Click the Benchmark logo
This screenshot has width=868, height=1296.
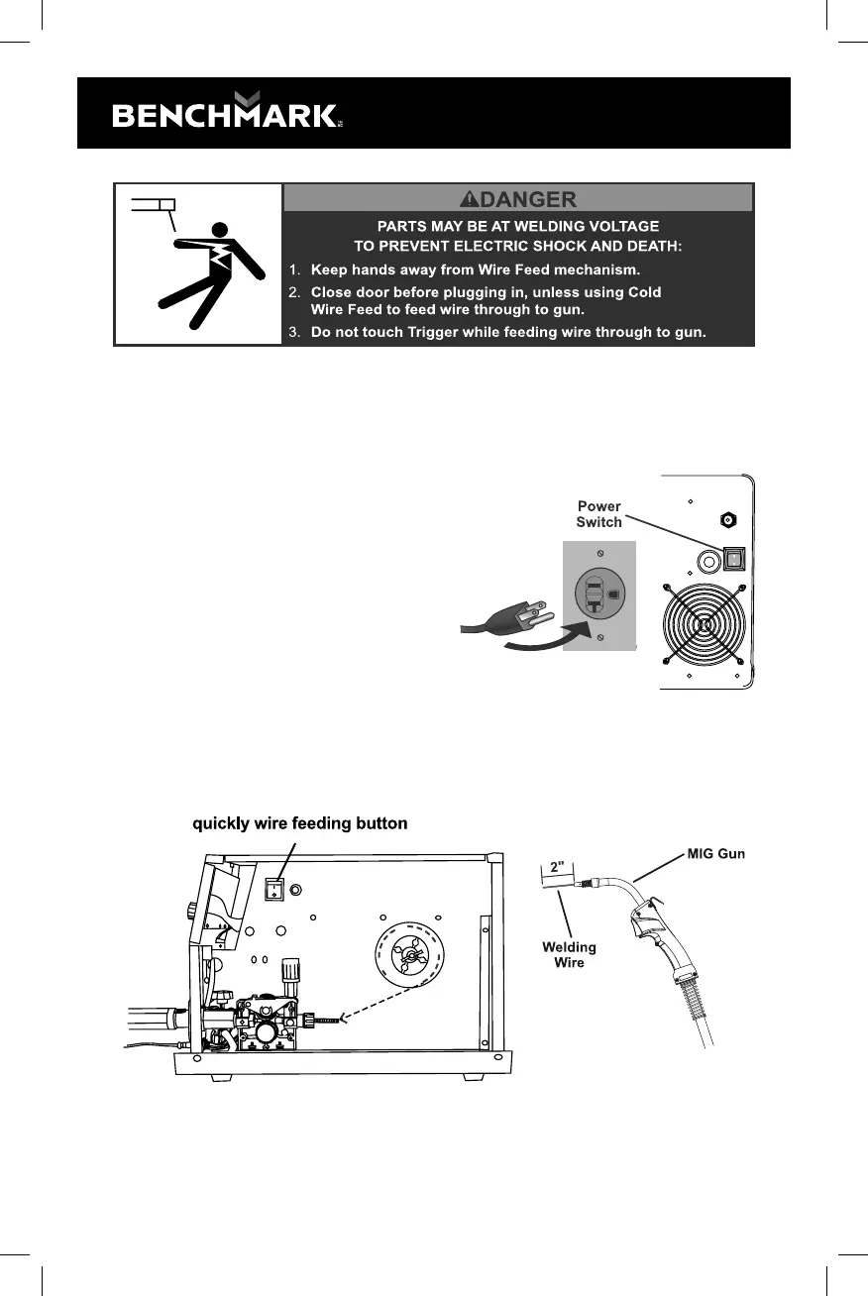click(x=225, y=113)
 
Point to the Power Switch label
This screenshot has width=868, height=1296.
click(x=598, y=514)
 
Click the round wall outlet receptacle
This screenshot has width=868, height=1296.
click(x=598, y=594)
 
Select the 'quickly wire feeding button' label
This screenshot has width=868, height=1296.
click(x=299, y=823)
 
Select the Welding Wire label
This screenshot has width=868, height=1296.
click(x=569, y=954)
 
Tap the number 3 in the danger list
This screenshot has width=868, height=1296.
click(x=295, y=332)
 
